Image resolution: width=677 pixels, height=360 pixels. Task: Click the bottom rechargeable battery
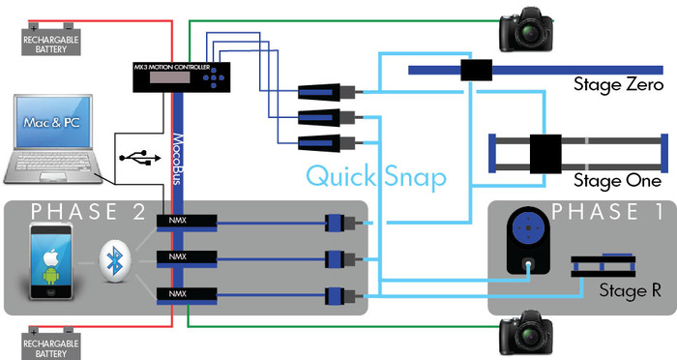point(51,344)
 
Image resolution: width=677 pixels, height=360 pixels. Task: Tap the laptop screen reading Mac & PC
point(52,123)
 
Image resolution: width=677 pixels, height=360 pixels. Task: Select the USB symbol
point(139,158)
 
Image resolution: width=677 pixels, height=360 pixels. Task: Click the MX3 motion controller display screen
point(169,77)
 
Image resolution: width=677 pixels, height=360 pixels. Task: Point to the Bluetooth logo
point(115,261)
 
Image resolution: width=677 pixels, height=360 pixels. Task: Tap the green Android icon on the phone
point(51,276)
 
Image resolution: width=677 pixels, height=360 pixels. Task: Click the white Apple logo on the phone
point(51,257)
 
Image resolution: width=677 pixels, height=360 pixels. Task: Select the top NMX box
point(187,221)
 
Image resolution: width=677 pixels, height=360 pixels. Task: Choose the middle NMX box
point(187,257)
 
